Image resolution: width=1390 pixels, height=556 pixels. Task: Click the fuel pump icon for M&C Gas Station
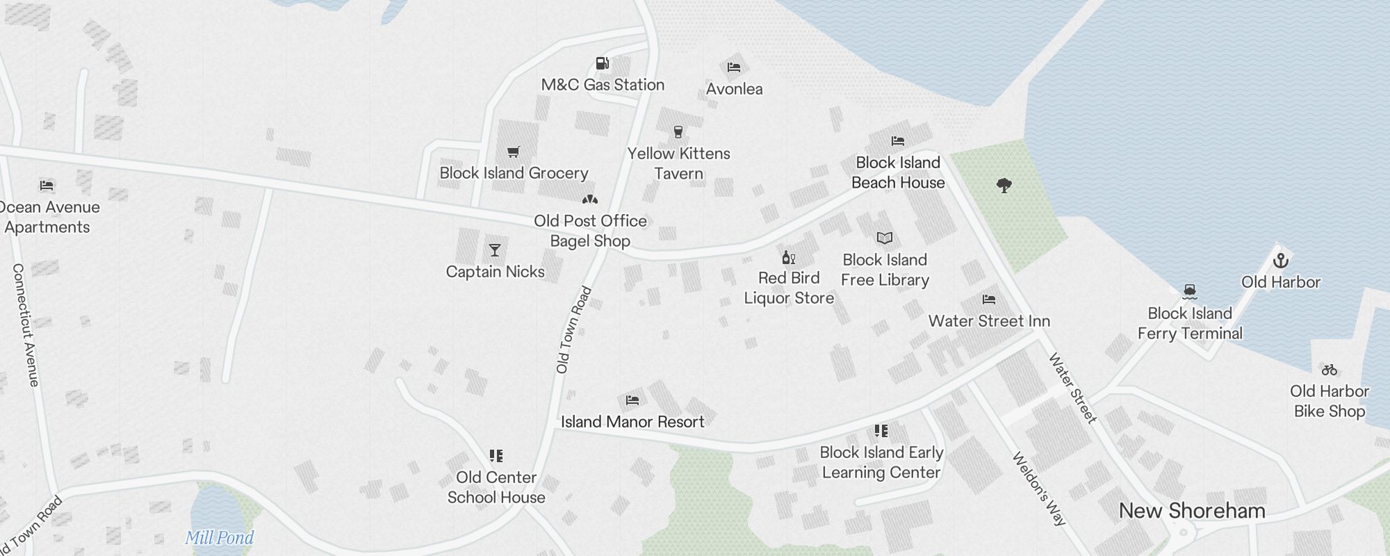(603, 64)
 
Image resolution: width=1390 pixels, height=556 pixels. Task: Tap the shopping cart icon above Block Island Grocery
(514, 152)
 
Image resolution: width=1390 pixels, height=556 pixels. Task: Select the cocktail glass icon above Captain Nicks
(495, 250)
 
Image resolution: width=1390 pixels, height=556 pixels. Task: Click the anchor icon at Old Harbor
(1280, 261)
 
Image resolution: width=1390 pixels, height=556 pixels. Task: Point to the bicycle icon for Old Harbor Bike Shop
(1330, 370)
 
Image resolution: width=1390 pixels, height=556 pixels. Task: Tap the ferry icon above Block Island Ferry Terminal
(1190, 291)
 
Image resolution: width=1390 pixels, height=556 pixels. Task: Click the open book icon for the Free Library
(885, 238)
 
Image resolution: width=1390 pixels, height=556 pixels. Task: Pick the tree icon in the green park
(1004, 186)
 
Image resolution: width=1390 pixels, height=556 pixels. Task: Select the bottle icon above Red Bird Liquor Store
(788, 257)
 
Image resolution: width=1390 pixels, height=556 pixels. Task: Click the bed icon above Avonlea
(734, 67)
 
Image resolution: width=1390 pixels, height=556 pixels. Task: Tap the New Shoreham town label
(1192, 511)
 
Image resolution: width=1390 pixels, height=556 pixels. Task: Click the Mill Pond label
(219, 537)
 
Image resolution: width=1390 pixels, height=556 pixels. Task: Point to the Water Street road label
(1072, 388)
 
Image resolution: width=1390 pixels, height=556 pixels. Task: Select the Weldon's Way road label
(1038, 489)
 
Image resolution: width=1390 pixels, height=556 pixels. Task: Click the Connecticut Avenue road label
(26, 325)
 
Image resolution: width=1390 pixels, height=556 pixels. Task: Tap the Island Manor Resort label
(632, 422)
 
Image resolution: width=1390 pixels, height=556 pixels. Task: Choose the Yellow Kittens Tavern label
(679, 163)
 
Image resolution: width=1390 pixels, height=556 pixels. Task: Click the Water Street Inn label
(989, 321)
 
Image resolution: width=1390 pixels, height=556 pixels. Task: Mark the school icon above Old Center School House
(496, 456)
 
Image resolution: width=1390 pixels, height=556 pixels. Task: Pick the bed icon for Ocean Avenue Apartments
(47, 186)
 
